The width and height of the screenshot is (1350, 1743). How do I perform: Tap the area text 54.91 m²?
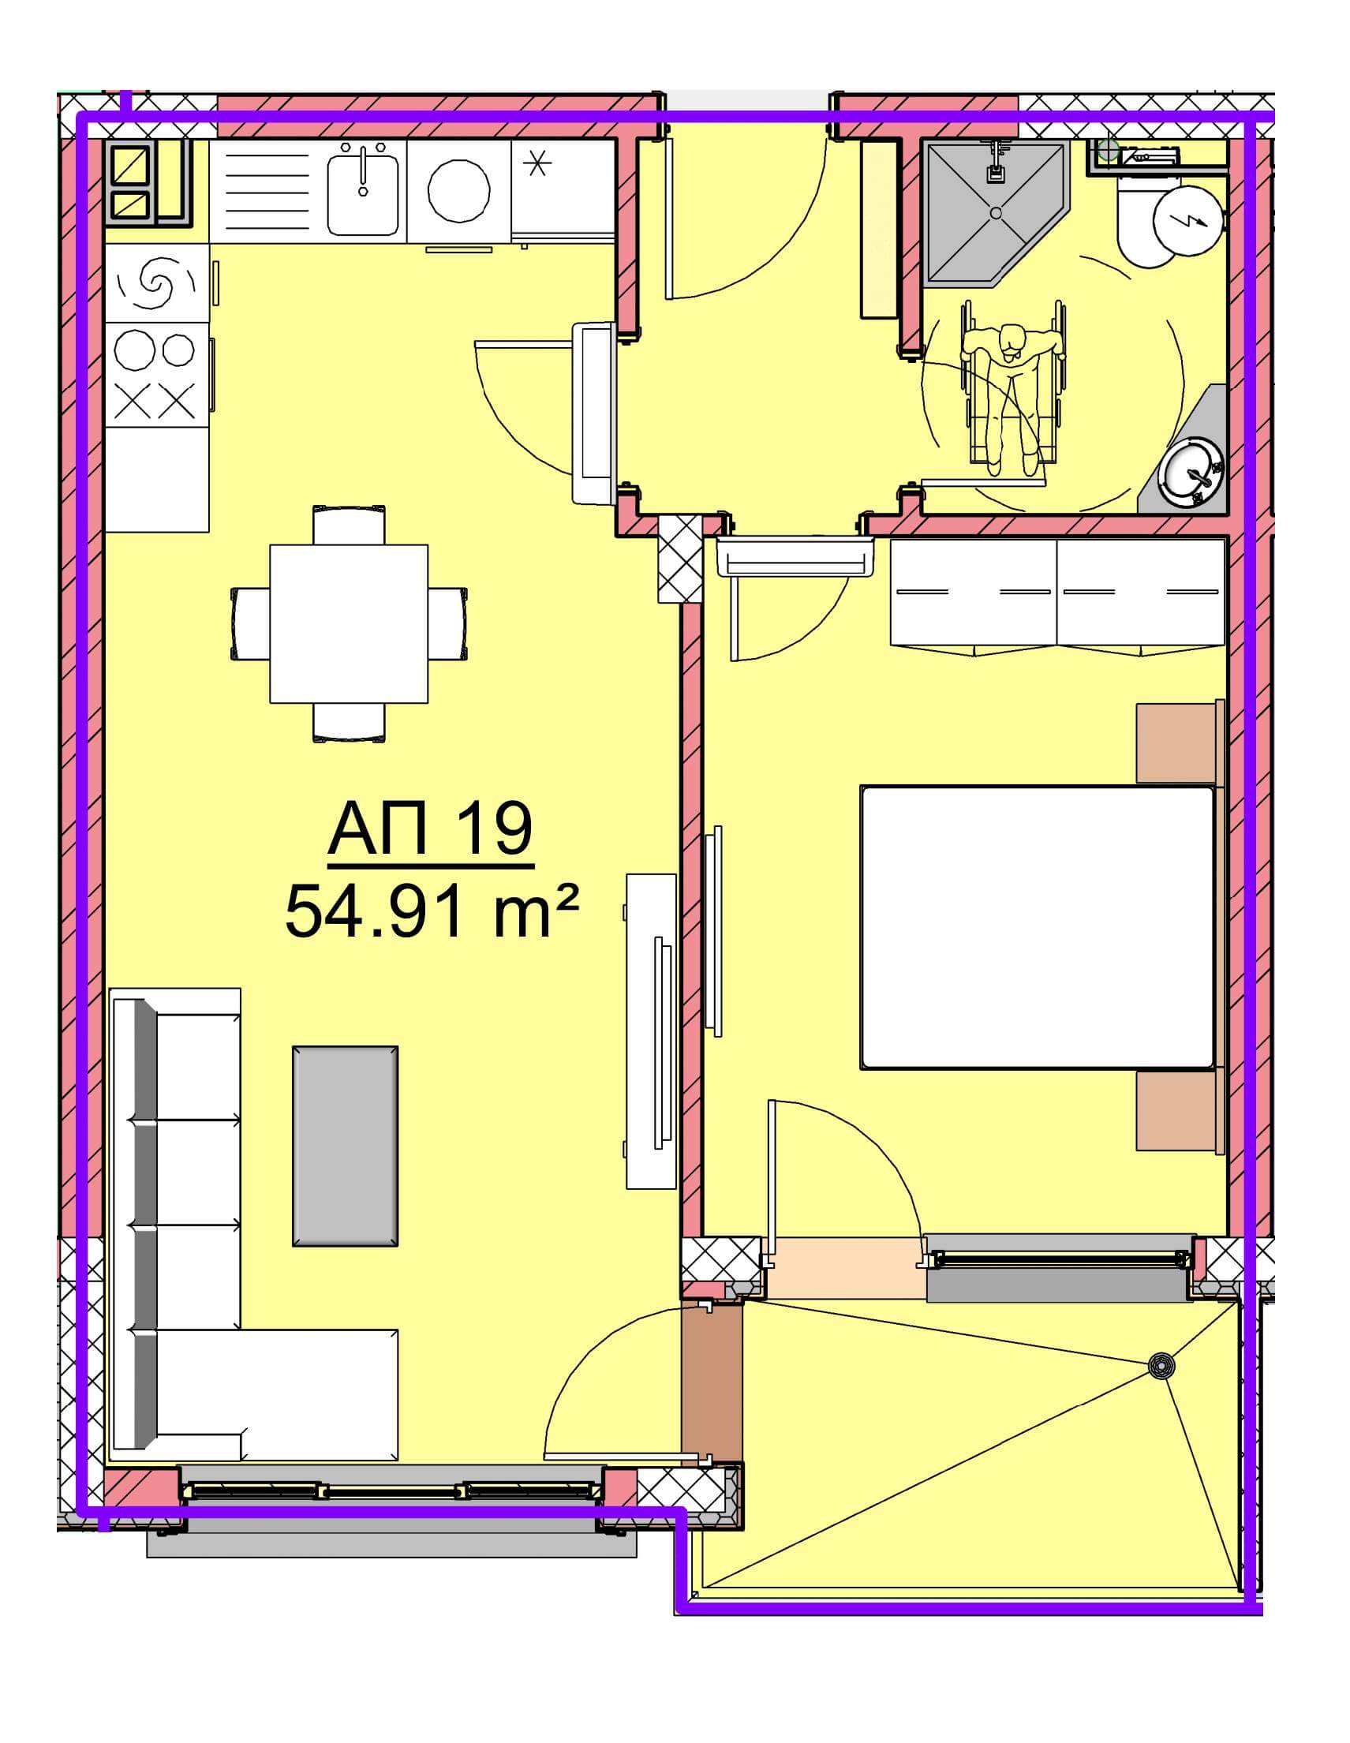(431, 913)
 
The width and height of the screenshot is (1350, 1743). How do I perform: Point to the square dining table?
(349, 623)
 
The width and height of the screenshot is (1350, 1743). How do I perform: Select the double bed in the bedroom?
(1038, 927)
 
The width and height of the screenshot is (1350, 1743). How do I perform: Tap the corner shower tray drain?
(996, 213)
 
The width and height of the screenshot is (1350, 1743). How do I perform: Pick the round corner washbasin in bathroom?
(1192, 473)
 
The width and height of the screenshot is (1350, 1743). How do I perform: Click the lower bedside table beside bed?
(1180, 1112)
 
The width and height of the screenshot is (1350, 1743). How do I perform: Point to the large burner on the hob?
(133, 350)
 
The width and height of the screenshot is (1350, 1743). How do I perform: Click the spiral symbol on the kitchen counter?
(156, 281)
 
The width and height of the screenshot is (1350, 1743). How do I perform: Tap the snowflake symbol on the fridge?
(537, 163)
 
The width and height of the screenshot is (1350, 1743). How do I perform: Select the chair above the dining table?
(349, 525)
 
